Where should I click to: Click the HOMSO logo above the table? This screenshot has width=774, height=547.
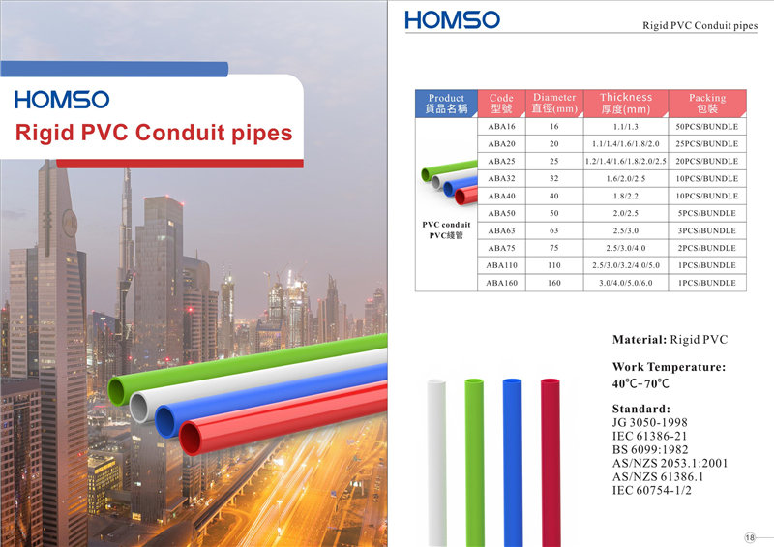(x=452, y=19)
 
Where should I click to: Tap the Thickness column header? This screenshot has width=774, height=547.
(x=626, y=104)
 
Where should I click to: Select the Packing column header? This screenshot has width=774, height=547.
(x=707, y=104)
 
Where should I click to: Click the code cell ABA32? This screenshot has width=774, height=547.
(x=501, y=178)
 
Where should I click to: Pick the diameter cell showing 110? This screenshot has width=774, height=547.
(x=554, y=265)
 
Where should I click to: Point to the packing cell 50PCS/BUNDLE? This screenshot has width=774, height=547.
(x=707, y=127)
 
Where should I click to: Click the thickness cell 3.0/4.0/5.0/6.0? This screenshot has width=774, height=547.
(x=626, y=283)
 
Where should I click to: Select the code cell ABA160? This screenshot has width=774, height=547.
(x=501, y=283)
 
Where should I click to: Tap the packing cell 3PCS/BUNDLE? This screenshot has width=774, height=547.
(x=707, y=230)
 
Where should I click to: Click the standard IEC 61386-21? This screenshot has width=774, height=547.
(x=649, y=436)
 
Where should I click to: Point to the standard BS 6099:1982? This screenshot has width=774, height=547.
(x=649, y=449)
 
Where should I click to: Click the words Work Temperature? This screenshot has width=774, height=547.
(x=669, y=367)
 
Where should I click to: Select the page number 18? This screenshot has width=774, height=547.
(x=750, y=537)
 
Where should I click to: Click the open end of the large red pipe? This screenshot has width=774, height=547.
(x=191, y=438)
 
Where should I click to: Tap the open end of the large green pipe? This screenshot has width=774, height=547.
(x=116, y=391)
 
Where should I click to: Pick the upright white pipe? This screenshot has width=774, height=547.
(x=437, y=463)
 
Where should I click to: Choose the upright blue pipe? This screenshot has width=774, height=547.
(x=513, y=463)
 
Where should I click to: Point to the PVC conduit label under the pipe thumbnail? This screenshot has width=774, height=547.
(x=446, y=225)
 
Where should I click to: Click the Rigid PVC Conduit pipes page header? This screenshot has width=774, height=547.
(x=700, y=25)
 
